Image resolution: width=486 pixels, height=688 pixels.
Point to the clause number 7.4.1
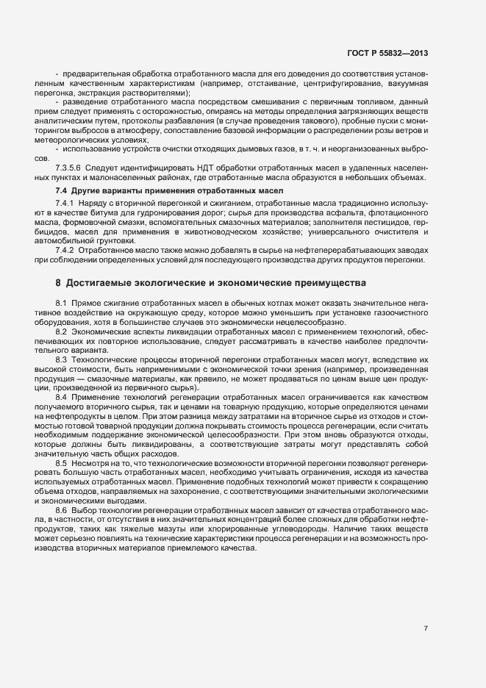click(65, 202)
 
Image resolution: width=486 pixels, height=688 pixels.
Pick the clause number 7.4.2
click(65, 250)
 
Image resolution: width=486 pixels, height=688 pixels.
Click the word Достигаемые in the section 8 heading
click(101, 282)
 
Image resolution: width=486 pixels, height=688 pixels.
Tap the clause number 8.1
click(62, 303)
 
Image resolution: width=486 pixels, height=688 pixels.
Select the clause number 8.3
click(62, 360)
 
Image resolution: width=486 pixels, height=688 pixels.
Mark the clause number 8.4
click(62, 398)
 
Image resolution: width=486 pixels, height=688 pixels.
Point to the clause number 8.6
click(62, 509)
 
